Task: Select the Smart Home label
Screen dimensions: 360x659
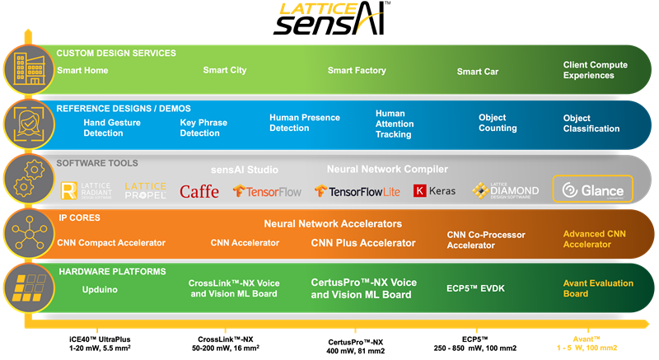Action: [82, 71]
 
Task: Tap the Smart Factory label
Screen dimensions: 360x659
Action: [357, 71]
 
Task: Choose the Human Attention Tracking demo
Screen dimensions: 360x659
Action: [393, 124]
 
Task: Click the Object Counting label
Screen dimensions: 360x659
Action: [498, 123]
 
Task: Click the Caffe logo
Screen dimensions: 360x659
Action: [199, 191]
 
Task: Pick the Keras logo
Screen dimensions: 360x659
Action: [435, 191]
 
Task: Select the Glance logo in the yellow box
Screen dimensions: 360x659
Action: [592, 190]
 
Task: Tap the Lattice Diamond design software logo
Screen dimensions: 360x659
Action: [506, 190]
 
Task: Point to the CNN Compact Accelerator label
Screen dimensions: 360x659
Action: [111, 243]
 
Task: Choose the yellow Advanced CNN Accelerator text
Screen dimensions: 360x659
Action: [594, 239]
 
